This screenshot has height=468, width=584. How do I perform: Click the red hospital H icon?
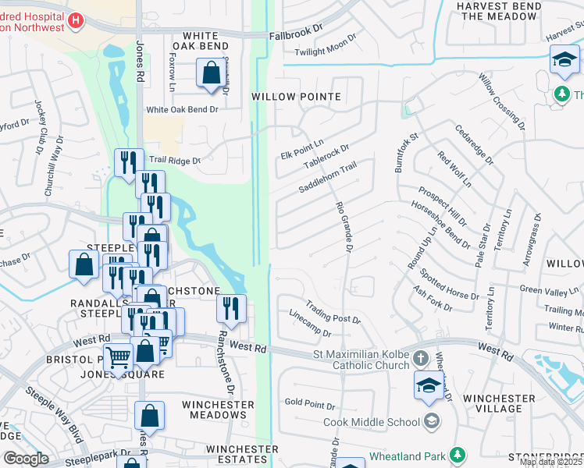76,21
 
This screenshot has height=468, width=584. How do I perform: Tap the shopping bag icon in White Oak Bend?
212,74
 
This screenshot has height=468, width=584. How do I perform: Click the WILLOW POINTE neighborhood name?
296,97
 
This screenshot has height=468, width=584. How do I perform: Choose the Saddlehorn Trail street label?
327,179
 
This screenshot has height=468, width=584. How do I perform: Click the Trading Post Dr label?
333,312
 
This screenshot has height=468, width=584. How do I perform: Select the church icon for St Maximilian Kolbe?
420,359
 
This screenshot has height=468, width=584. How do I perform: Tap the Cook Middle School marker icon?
432,422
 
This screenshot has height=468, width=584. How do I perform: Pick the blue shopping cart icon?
118,356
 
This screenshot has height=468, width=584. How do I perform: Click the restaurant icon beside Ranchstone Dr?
230,307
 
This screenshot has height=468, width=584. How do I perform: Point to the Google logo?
26,459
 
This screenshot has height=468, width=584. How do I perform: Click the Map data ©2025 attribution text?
550,462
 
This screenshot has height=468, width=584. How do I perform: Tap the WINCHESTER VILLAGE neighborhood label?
499,403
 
